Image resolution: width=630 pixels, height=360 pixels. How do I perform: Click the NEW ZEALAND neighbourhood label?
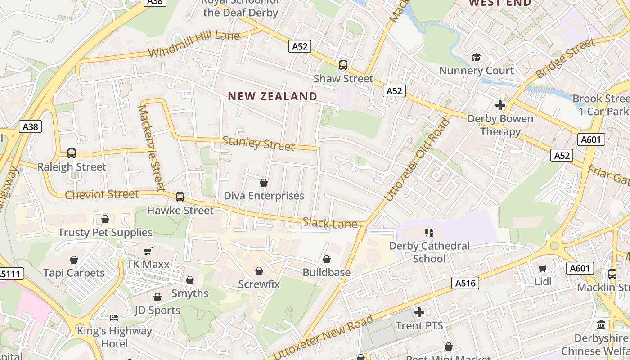tap(272, 96)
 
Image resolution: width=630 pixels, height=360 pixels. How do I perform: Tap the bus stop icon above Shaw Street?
tap(343, 65)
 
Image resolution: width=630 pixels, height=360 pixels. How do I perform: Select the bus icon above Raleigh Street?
tap(72, 153)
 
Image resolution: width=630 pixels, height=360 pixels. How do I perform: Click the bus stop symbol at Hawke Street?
tap(180, 197)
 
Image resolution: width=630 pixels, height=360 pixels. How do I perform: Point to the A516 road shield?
tap(465, 283)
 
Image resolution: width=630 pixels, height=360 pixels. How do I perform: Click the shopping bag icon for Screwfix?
tap(259, 271)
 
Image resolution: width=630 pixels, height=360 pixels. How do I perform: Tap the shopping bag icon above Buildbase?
tap(327, 260)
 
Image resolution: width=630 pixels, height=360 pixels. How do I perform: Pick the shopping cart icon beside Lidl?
tap(543, 269)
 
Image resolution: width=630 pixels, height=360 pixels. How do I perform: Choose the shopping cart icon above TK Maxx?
tap(148, 251)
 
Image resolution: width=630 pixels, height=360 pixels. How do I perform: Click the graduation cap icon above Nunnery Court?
tap(476, 57)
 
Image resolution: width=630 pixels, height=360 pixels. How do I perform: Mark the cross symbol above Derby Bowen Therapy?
tap(500, 105)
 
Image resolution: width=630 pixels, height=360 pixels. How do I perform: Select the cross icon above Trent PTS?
tap(419, 312)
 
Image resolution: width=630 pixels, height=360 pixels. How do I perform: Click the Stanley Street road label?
tap(258, 144)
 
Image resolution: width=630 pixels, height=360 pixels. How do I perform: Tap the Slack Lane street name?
tap(330, 222)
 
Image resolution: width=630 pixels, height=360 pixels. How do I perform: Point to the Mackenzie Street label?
tap(151, 147)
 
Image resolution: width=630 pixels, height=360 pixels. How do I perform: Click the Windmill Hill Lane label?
tap(194, 44)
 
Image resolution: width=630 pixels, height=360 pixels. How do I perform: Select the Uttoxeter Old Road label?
tap(418, 160)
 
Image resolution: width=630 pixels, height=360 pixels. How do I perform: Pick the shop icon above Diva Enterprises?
tap(264, 183)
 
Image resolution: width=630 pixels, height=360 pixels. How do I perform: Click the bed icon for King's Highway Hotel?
tap(114, 318)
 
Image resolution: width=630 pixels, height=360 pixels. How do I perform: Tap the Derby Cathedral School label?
tap(429, 252)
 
